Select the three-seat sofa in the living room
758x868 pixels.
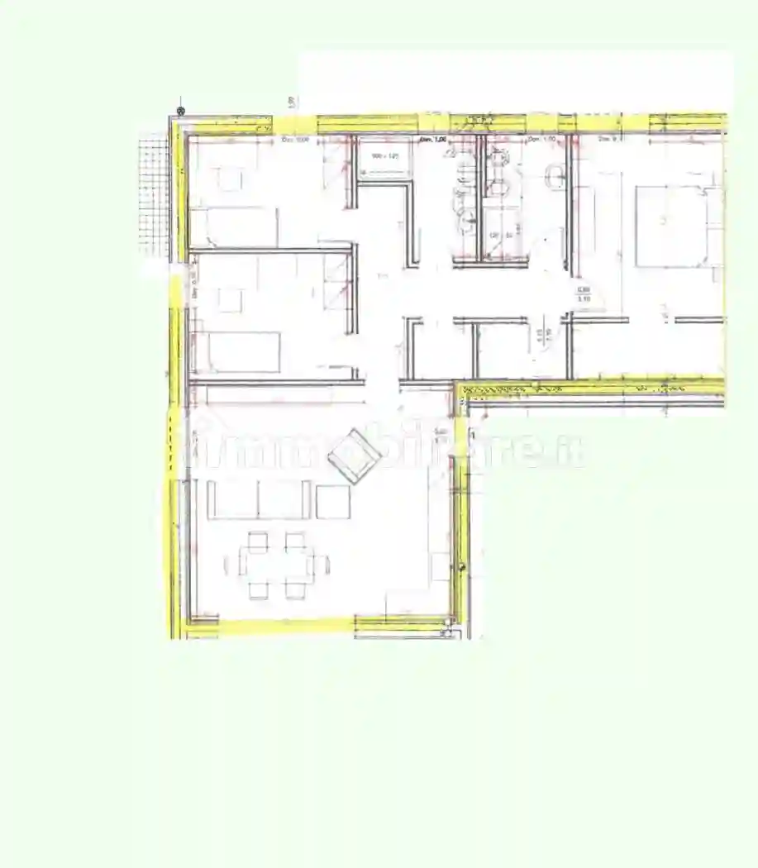pos(259,500)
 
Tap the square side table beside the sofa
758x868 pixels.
pos(333,502)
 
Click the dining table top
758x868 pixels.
pos(277,565)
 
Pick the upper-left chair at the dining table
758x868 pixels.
pos(258,541)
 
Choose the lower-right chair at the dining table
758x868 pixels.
pos(295,589)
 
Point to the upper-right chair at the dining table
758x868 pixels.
pos(295,541)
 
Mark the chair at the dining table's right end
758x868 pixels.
pos(322,565)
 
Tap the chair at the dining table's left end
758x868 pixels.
pos(232,565)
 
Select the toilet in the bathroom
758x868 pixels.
pos(555,175)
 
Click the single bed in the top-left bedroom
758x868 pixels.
pos(234,227)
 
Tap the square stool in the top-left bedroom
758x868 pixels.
pos(230,179)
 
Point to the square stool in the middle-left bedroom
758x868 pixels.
pos(230,299)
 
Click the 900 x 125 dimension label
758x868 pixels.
pos(384,155)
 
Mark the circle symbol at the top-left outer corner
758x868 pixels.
pos(180,110)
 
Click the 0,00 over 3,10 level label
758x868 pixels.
pos(583,293)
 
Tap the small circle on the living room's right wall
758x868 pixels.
pos(461,565)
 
